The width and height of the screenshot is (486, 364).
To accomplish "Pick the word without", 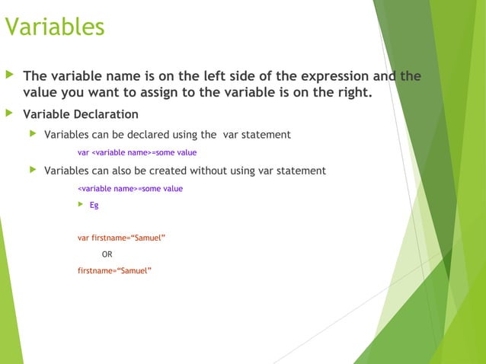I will tap(229, 171).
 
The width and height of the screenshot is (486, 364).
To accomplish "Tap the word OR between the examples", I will tap(107, 254).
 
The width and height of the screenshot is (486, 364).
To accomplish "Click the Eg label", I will tap(94, 205).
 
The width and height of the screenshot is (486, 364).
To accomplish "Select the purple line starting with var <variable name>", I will tap(137, 152).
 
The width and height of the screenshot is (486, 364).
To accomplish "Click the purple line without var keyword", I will tap(130, 188).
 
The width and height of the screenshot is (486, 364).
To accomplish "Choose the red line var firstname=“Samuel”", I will tap(122, 238).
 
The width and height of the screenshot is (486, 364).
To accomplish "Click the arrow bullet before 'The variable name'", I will tap(9, 76).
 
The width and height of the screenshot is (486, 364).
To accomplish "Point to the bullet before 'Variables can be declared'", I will tap(32, 135).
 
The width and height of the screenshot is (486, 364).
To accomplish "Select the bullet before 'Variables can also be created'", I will tap(32, 171).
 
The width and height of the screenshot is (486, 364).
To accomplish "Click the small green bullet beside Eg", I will tap(81, 205).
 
